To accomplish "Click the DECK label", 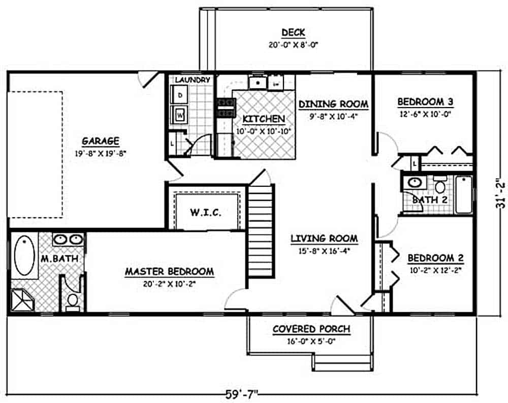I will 293,33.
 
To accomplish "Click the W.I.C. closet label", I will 206,212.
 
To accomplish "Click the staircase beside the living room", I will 261,231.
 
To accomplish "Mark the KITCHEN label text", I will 263,119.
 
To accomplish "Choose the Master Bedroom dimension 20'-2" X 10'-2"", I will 169,283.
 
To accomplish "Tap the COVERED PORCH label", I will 311,329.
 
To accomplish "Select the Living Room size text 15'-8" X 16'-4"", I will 324,250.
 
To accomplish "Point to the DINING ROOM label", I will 333,104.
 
